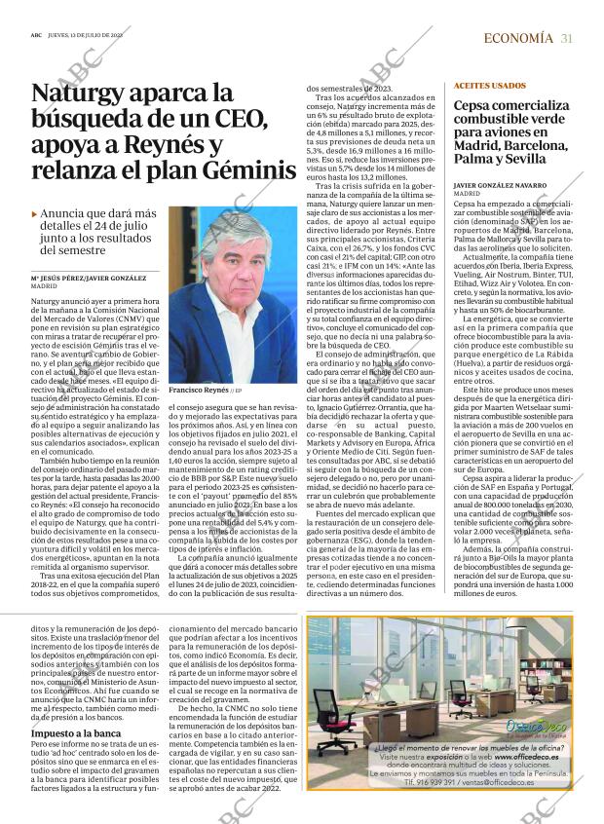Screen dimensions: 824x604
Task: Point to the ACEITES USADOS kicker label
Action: [463, 86]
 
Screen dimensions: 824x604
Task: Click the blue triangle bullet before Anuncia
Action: [35, 213]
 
